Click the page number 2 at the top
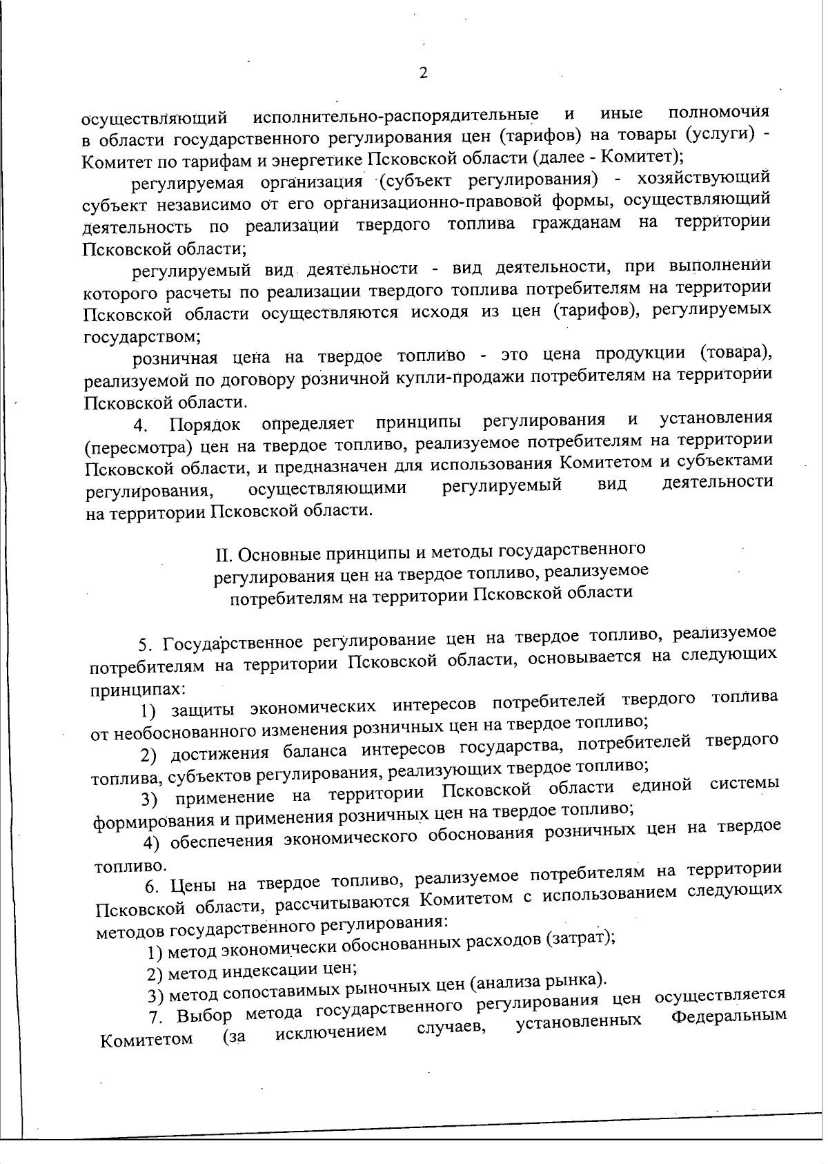pyautogui.click(x=423, y=73)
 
